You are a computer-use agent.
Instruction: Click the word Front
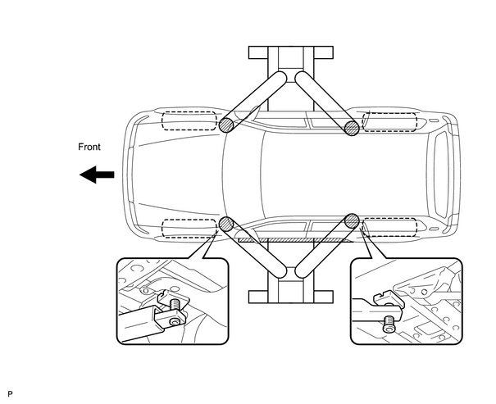[89, 147]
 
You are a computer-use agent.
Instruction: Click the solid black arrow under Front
[97, 175]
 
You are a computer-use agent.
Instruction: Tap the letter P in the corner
[10, 394]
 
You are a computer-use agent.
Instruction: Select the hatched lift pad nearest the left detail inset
[226, 225]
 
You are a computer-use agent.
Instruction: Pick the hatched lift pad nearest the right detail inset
[352, 221]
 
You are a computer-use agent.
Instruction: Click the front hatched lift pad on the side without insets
[226, 125]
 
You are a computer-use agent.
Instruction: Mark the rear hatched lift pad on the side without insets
[352, 128]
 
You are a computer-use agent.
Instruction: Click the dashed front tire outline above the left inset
[189, 228]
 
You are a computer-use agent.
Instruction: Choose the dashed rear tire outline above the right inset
[389, 227]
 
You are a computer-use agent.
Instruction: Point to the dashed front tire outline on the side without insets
[189, 120]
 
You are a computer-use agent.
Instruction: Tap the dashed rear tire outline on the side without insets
[389, 122]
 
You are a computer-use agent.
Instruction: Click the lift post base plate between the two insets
[291, 297]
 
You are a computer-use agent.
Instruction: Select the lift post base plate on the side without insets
[291, 52]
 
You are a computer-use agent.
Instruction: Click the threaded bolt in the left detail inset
[175, 306]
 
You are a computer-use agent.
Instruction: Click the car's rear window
[440, 175]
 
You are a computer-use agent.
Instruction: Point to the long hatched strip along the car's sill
[295, 240]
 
